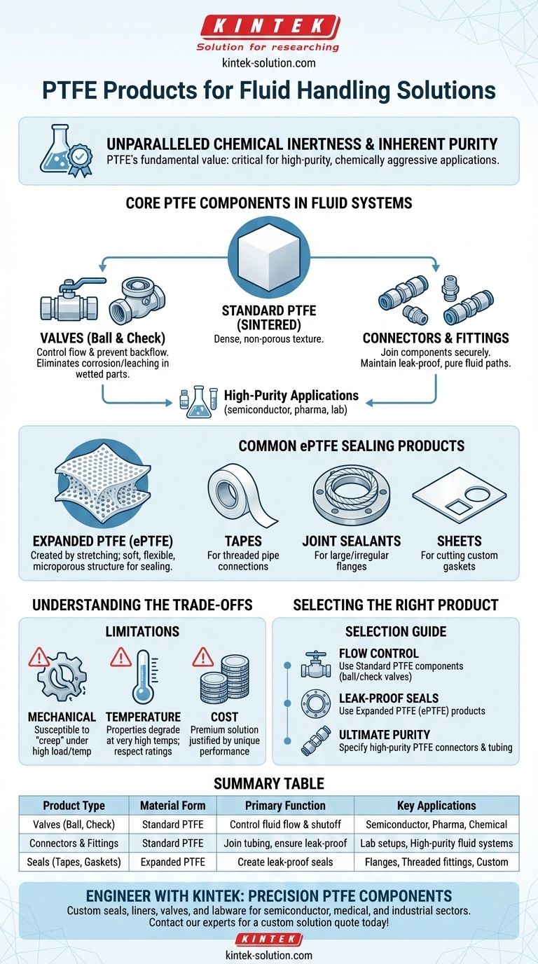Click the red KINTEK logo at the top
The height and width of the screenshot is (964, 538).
coord(268,27)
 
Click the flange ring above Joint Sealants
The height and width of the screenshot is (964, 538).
coord(351,494)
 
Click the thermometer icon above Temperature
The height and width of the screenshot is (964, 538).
coord(143,676)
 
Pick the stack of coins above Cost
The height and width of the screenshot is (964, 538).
coord(223,676)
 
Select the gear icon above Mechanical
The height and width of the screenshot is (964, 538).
coord(62,676)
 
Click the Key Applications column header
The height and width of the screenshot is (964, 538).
coord(436,806)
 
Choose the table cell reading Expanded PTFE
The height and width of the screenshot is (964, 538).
coord(172,862)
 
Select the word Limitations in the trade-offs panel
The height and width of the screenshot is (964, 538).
coord(142,632)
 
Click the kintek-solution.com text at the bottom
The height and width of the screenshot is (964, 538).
coord(268,954)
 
